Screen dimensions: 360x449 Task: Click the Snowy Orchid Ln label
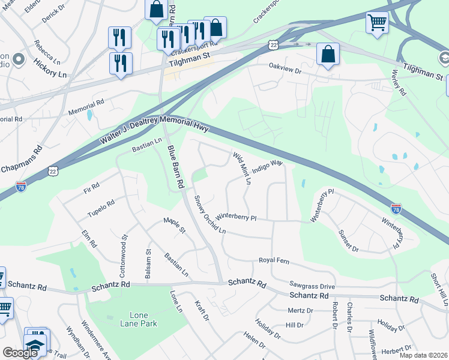[x=209, y=214]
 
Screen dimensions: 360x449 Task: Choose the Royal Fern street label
[x=274, y=260]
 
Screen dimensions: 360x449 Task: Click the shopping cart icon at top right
[x=377, y=23]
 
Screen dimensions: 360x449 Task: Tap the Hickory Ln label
[x=50, y=67]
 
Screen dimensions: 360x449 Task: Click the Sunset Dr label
[x=348, y=241]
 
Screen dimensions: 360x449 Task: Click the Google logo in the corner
[x=20, y=353]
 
